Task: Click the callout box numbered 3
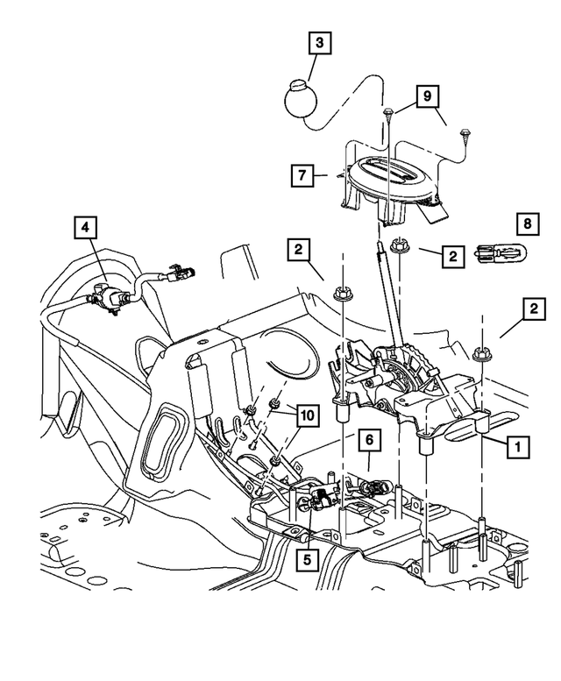pos(320,43)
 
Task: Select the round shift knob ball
pos(299,99)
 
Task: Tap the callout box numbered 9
pos(427,96)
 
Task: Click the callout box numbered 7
pos(302,175)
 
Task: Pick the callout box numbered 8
pos(528,224)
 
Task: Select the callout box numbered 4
pos(85,227)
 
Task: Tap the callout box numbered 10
pos(308,415)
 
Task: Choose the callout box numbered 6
pos(369,440)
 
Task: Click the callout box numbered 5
pos(308,559)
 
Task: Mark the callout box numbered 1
pos(518,445)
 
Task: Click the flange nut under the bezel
pos(398,245)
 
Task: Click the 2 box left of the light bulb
pos(453,256)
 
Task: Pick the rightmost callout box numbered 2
pos(534,309)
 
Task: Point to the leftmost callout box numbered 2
pos(298,249)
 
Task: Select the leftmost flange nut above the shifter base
pos(343,294)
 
